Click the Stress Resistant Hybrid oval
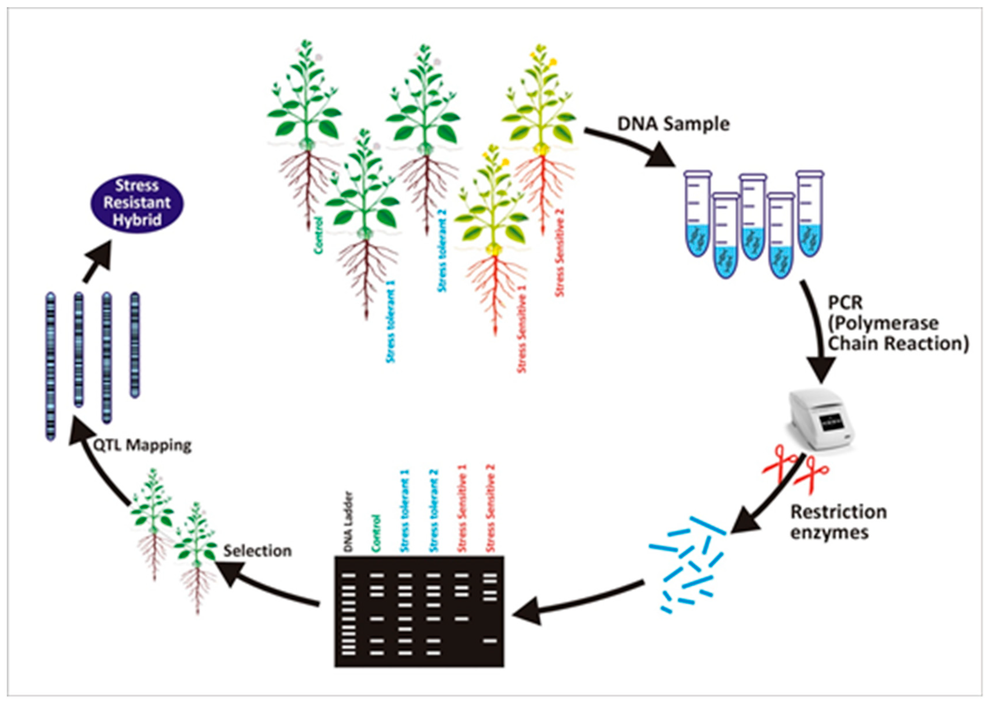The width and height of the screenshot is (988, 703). (137, 203)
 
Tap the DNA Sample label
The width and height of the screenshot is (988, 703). (673, 124)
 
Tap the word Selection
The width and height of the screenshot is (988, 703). (257, 551)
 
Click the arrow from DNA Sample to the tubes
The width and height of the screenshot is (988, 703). (632, 147)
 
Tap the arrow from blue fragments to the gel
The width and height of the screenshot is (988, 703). (576, 600)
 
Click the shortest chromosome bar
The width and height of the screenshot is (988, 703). (135, 345)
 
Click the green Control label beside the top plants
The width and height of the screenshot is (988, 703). (319, 235)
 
